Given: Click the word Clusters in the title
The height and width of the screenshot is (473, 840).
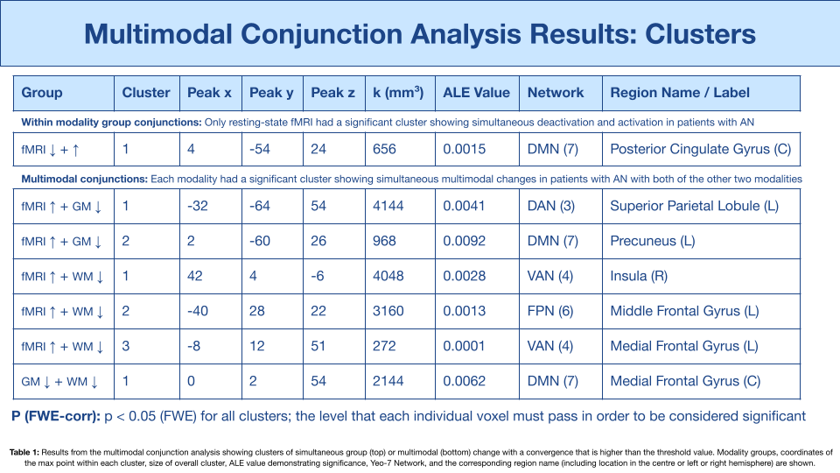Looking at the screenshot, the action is click(x=700, y=34).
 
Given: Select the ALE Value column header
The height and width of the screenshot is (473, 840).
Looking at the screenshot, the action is click(x=476, y=93).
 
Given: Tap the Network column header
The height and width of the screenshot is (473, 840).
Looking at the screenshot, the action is click(x=556, y=93).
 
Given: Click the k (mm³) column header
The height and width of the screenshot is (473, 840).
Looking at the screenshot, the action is click(x=398, y=93).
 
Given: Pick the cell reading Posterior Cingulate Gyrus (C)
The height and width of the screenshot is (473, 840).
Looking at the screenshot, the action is click(x=701, y=149).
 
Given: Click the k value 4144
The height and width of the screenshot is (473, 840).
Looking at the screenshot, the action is click(x=388, y=206).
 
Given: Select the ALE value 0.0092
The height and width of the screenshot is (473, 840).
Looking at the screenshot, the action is click(x=465, y=241).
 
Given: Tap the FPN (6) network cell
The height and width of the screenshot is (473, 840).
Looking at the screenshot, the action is click(x=550, y=311).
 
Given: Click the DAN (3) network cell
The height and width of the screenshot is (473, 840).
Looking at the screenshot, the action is click(x=551, y=206).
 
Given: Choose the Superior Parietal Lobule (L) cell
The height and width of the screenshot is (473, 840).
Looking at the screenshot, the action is click(x=694, y=206).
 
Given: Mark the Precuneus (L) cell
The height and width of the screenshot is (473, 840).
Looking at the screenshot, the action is click(x=653, y=241).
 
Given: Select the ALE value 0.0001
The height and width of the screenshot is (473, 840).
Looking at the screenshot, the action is click(x=464, y=346).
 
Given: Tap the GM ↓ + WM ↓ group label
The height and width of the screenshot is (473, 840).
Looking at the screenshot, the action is click(x=60, y=381).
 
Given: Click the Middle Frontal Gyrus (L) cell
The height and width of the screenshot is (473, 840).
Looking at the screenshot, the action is click(x=684, y=311).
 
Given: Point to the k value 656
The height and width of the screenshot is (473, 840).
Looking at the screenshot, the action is click(x=385, y=149).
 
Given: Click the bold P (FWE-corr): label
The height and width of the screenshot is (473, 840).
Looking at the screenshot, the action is click(x=56, y=417).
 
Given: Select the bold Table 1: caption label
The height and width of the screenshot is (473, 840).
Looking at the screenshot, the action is click(x=24, y=452).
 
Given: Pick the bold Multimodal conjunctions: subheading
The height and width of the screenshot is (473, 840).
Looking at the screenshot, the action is click(x=85, y=179).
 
